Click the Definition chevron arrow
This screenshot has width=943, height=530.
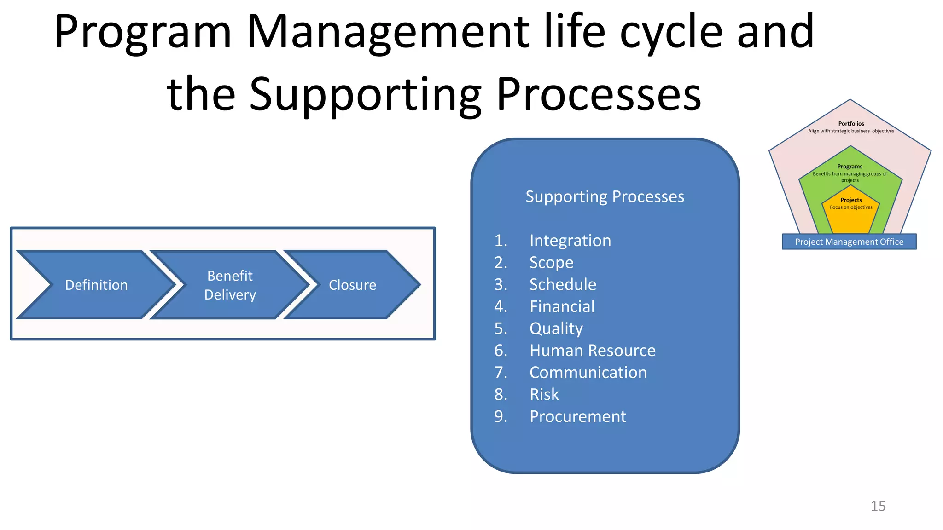click(x=96, y=285)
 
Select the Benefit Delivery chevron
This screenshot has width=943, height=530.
click(x=230, y=285)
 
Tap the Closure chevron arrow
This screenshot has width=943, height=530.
click(x=352, y=285)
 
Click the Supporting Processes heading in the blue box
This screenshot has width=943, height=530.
click(x=605, y=197)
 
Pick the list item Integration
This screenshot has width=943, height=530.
click(x=570, y=241)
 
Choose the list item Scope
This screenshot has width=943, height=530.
click(x=551, y=263)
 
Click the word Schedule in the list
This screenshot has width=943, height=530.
click(x=563, y=285)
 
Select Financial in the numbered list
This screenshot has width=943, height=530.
click(x=562, y=306)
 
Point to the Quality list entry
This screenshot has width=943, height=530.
click(x=556, y=328)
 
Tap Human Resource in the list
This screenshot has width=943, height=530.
click(x=592, y=351)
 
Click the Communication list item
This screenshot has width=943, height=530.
click(x=588, y=373)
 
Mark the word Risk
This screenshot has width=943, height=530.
click(x=544, y=395)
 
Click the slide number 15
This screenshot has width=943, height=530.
click(x=878, y=506)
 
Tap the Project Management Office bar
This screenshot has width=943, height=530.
click(x=849, y=242)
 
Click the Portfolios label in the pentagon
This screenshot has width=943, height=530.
click(x=851, y=124)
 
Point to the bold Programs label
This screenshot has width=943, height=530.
click(x=850, y=167)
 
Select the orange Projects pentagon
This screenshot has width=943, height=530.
click(x=851, y=214)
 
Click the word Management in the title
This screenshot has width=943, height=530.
click(x=388, y=32)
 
